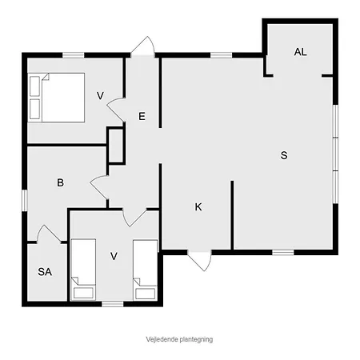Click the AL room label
300,52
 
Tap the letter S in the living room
283,155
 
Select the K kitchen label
198,207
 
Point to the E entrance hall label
142,117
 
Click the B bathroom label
60,183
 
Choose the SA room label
45,272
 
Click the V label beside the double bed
100,96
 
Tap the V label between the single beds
114,256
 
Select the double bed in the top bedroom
55,96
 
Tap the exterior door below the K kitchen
200,260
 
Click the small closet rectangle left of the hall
116,145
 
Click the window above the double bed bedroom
74,54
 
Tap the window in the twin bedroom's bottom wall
113,303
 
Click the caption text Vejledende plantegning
178,339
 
